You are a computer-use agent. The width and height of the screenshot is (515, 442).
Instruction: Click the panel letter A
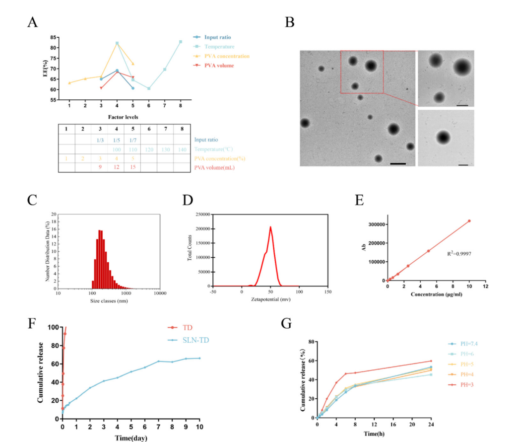(x=33, y=22)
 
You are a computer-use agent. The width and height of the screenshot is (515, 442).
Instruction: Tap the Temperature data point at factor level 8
(x=181, y=42)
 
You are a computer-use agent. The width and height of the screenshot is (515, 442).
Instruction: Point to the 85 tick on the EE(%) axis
(x=53, y=37)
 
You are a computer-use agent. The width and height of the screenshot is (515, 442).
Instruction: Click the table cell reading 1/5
(x=117, y=140)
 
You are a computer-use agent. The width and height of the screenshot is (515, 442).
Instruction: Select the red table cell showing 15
(x=132, y=167)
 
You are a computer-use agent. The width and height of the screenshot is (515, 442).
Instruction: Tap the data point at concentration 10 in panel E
(x=469, y=221)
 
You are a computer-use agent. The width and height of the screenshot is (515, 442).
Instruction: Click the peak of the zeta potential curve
(x=271, y=227)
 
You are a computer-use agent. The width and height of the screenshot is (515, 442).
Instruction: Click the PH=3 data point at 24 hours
(x=431, y=361)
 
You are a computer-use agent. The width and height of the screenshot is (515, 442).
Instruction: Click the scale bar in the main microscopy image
(x=398, y=163)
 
